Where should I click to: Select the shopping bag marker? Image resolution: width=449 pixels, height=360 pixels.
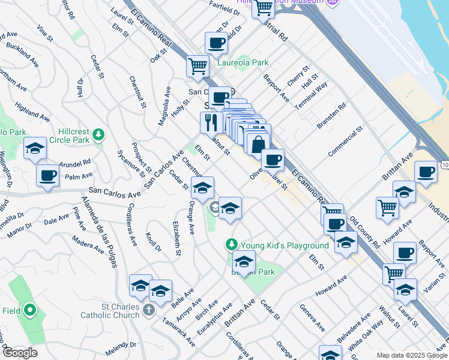[x=258, y=145]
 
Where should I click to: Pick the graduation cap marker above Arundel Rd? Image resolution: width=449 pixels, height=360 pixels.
[x=35, y=148]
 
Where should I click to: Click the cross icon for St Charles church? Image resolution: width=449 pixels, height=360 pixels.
[x=149, y=310]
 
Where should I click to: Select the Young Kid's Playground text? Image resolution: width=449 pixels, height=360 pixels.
[x=285, y=245]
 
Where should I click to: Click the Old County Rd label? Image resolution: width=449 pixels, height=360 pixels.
[x=365, y=233]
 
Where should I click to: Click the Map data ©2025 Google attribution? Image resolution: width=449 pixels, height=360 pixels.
[x=411, y=355]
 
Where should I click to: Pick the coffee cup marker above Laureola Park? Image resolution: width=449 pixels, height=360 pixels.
[x=216, y=43]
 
